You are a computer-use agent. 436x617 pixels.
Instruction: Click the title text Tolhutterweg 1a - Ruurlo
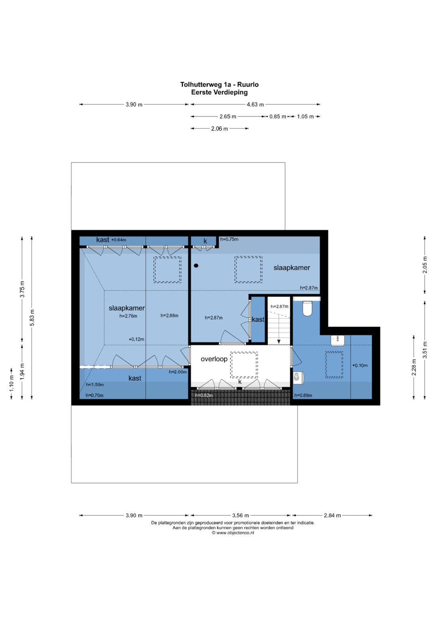tap(219, 84)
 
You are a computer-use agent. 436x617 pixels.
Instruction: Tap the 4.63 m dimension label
tap(255, 105)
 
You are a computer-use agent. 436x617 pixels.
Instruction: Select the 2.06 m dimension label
tap(219, 128)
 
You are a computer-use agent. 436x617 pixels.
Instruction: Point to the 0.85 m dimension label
tap(277, 116)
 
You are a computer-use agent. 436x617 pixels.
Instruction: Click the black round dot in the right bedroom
tap(196, 266)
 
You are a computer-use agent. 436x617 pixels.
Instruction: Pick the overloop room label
tap(214, 359)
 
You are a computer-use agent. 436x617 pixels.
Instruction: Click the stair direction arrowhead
tap(279, 341)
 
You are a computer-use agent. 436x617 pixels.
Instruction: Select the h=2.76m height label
tap(128, 316)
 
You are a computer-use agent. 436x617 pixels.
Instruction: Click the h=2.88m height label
tap(169, 316)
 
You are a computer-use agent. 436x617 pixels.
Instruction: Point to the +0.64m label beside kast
tap(119, 240)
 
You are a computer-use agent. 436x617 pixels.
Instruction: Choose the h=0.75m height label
tap(229, 239)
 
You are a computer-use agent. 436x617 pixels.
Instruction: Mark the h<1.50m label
tap(95, 385)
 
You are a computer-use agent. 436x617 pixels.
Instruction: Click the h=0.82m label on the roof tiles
tap(204, 396)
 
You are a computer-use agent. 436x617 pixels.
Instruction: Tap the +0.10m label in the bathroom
tap(360, 366)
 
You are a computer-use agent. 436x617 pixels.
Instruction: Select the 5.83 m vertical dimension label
tap(32, 318)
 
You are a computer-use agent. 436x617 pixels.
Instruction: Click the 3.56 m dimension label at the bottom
tap(241, 515)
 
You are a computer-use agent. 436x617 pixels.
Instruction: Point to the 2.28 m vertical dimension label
tap(414, 367)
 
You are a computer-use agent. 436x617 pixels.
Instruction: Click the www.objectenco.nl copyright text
tap(233, 533)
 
